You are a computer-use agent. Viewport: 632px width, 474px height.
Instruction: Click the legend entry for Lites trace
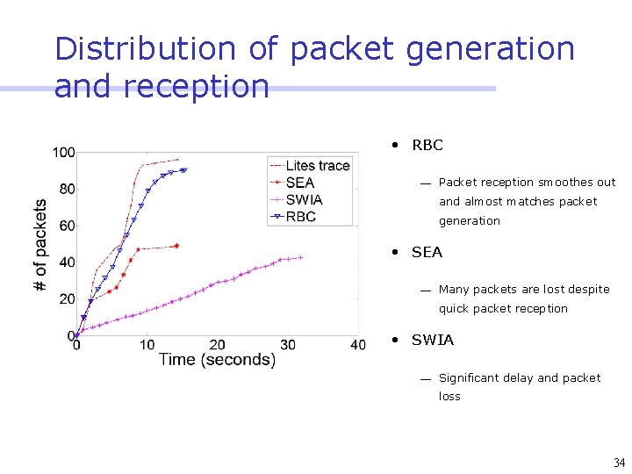pos(317,166)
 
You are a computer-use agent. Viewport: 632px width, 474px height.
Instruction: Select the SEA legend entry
pos(299,183)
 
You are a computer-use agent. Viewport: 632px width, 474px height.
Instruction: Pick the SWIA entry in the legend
pos(304,199)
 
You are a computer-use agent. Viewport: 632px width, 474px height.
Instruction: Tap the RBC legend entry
pos(300,216)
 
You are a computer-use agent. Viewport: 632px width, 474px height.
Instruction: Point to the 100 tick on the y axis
pos(63,153)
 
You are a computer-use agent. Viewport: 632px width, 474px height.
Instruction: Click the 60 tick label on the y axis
pos(67,226)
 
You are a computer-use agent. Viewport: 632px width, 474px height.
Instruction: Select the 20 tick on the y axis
pos(67,299)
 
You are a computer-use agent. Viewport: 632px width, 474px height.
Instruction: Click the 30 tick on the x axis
pos(288,345)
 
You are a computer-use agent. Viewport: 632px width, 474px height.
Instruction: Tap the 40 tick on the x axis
pos(357,345)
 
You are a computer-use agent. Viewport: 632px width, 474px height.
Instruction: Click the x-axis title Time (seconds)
pos(217,360)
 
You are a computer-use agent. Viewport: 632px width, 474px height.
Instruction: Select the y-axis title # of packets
pos(40,245)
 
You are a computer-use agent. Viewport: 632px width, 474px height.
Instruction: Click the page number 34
pos(619,463)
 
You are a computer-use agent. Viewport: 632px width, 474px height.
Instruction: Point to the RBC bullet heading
pos(427,145)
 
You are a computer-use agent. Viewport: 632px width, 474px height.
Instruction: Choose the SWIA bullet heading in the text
pos(433,340)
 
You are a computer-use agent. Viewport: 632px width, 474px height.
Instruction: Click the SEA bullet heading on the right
pos(427,252)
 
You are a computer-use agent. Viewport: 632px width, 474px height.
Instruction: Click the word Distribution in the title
pos(146,48)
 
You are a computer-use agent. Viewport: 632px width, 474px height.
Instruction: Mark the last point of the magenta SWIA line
pos(301,257)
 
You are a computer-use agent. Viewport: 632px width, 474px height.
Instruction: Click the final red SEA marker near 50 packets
pos(176,246)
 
